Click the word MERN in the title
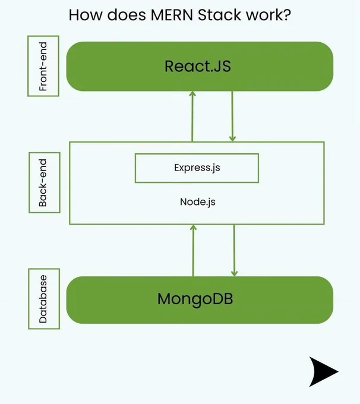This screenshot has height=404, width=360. pyautogui.click(x=172, y=15)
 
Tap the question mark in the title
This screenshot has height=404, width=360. pyautogui.click(x=287, y=15)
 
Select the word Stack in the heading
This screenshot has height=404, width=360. pyautogui.click(x=220, y=15)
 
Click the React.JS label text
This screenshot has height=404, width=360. pyautogui.click(x=198, y=66)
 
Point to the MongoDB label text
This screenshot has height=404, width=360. pyautogui.click(x=195, y=299)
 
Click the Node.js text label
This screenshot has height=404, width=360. pyautogui.click(x=198, y=202)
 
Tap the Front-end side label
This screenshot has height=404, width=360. pyautogui.click(x=43, y=66)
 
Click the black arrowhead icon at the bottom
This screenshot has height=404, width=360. pyautogui.click(x=323, y=371)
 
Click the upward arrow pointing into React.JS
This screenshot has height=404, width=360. pyautogui.click(x=192, y=116)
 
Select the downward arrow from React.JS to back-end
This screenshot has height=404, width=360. pyautogui.click(x=232, y=116)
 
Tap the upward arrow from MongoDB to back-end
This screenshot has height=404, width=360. pyautogui.click(x=193, y=251)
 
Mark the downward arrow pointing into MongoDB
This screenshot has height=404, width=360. pyautogui.click(x=234, y=250)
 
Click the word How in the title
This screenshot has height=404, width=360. pyautogui.click(x=86, y=15)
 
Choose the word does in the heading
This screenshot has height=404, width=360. pyautogui.click(x=127, y=15)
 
